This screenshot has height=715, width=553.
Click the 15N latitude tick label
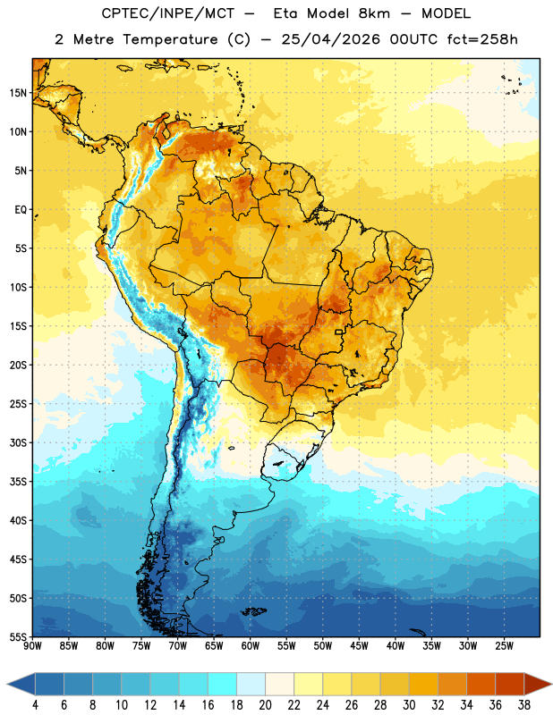coord(18,93)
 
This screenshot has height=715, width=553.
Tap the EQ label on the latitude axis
coord(21,210)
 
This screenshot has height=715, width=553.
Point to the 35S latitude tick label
coord(18,482)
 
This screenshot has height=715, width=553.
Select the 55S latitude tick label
coord(18,636)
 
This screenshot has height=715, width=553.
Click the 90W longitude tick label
coord(32,646)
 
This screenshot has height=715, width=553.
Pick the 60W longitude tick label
coord(251,646)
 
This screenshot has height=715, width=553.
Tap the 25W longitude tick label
coord(504,646)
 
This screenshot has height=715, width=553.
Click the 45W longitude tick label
coord(359,646)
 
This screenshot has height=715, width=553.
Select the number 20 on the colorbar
coord(265,705)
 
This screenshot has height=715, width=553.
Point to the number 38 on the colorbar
coord(523,705)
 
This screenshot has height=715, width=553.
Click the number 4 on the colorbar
coord(35,705)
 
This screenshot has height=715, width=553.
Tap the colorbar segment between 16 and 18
coord(223,684)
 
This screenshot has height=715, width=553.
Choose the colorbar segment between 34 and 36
coord(481,684)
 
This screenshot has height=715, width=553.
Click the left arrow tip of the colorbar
coord(7,684)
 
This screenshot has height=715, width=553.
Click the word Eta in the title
coord(285,13)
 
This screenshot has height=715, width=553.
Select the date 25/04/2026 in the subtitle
coord(330,39)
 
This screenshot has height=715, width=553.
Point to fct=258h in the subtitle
coord(482,39)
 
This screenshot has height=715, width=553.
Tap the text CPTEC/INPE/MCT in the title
coord(168,13)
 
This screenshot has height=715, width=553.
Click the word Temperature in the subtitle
coord(170,40)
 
